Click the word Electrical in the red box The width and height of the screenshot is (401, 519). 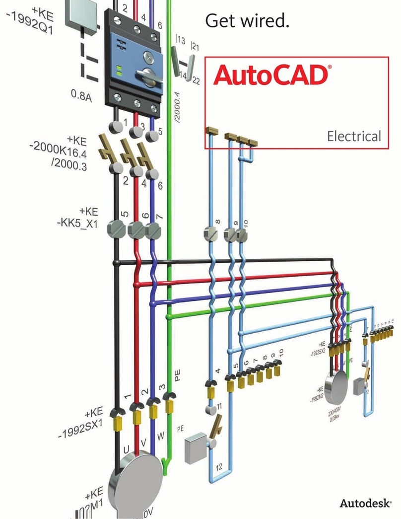point(353,136)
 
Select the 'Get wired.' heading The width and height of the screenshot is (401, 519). point(247,21)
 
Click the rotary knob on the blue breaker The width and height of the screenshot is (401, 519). point(147,74)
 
